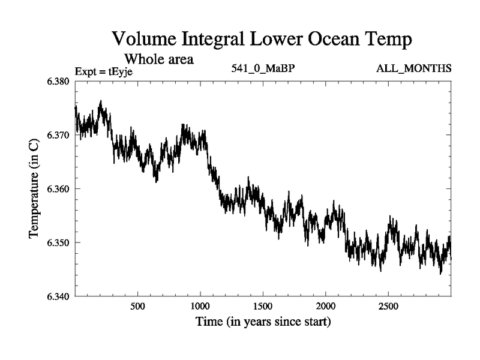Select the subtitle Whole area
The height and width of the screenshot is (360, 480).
pos(158,59)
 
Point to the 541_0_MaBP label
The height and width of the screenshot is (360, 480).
pos(263,68)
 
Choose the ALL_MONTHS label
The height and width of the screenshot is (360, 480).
pos(413,68)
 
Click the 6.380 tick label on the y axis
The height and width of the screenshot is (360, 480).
pos(58,82)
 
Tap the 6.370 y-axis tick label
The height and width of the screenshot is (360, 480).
pos(58,136)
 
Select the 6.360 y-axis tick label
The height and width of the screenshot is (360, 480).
pos(58,189)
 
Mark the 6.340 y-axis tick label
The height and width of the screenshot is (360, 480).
pos(58,296)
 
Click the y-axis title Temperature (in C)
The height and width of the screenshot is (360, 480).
pos(34,187)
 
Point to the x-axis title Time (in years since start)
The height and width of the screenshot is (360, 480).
pos(263,322)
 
